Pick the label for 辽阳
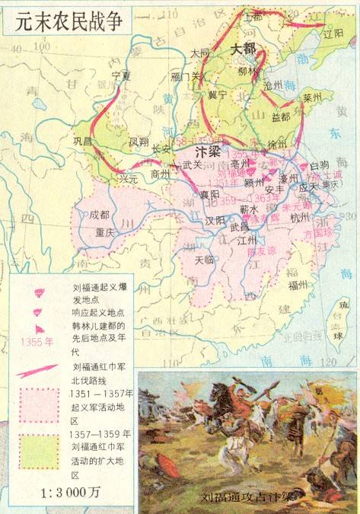pos(333,34)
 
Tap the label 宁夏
pos(122,75)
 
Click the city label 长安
pos(161,148)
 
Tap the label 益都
pos(279,117)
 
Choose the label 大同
pos(200,53)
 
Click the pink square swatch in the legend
pos(40,405)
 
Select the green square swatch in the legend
pos(40,451)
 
